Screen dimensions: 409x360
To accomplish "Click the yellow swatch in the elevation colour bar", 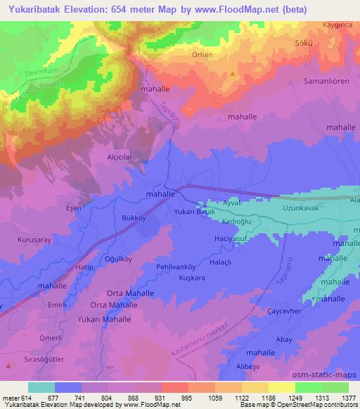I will click(x=281, y=387).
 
